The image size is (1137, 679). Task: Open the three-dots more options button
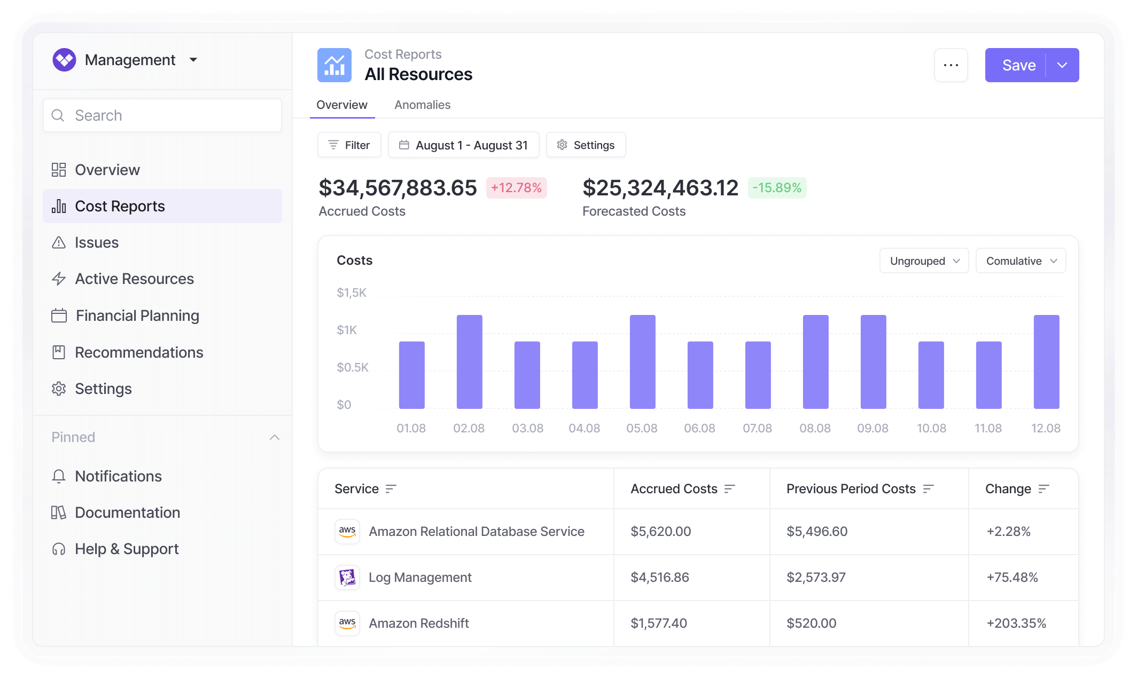[x=951, y=65]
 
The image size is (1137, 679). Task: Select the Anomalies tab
[x=422, y=105]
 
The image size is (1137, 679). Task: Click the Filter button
[x=349, y=145]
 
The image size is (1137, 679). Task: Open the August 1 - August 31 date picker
[x=463, y=145]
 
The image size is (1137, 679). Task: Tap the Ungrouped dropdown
[x=924, y=260]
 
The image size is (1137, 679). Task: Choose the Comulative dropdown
[x=1021, y=260]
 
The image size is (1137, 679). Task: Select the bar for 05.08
[x=642, y=362]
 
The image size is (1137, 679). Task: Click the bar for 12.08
[x=1046, y=362]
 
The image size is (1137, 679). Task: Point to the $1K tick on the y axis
[x=347, y=330]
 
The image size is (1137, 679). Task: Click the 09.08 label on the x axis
[x=873, y=428]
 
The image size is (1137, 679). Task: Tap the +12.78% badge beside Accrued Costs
[x=516, y=188]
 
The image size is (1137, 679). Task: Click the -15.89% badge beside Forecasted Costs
[x=777, y=188]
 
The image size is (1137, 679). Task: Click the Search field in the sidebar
[x=162, y=115]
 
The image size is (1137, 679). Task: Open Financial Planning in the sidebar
[x=137, y=315]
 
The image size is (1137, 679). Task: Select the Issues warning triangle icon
[x=59, y=242]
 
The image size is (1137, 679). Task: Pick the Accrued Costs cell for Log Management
[x=660, y=577]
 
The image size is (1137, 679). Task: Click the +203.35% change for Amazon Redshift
[x=1016, y=623]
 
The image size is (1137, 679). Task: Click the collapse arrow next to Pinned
[x=275, y=437]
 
